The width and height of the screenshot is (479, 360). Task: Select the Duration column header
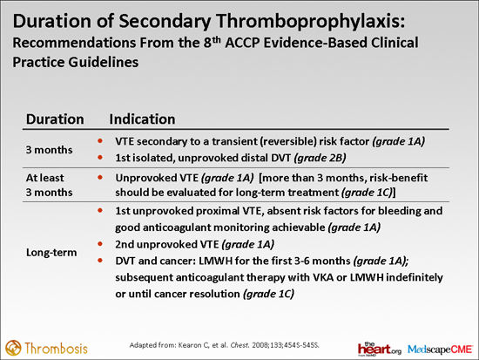[x=55, y=118]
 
